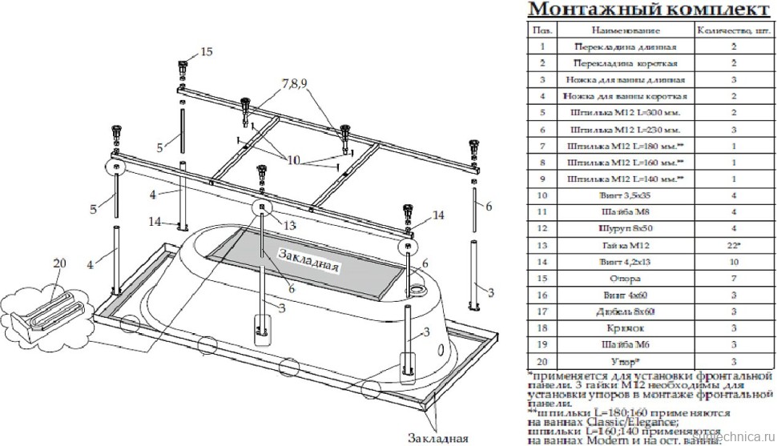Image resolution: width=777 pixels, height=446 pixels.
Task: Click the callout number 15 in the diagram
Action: [207, 52]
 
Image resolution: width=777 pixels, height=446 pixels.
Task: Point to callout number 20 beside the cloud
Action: [59, 265]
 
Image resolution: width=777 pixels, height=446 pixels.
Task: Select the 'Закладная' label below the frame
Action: [437, 437]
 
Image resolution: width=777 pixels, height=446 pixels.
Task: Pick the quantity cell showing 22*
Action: [734, 246]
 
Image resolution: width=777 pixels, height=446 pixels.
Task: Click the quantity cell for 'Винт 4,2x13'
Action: [734, 263]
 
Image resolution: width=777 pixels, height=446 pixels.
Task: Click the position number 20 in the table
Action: [542, 362]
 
